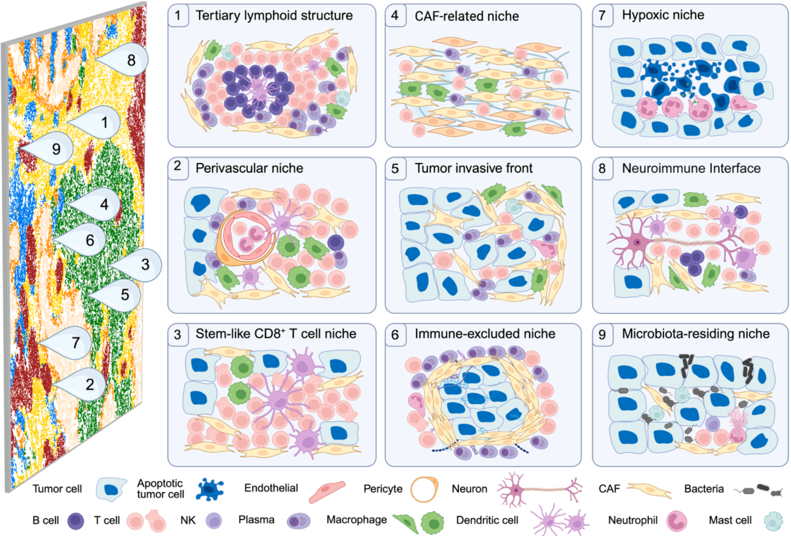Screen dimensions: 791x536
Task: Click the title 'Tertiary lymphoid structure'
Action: [274, 16]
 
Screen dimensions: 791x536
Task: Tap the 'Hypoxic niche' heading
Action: [663, 15]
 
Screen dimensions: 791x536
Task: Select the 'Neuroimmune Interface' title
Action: [691, 168]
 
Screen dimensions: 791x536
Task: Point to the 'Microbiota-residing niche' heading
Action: [696, 334]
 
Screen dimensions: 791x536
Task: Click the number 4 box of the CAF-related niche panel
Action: [395, 16]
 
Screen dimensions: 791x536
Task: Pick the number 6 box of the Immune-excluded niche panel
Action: [395, 334]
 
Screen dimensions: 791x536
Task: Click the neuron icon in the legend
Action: [540, 489]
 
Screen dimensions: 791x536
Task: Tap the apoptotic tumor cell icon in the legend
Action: [210, 489]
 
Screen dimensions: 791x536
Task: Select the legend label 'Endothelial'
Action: [271, 488]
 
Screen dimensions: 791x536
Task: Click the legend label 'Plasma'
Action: [256, 520]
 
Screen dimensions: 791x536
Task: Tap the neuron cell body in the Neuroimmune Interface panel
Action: [637, 241]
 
